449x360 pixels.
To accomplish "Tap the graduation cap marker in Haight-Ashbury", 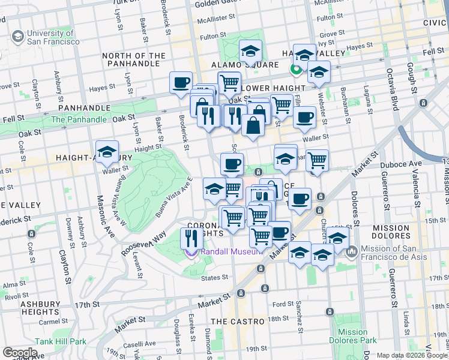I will point(107,152).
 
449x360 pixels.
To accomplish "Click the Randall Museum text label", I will point(232,251).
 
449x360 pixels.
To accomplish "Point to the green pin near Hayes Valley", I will point(295,69).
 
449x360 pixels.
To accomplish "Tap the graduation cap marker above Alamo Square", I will point(251,51).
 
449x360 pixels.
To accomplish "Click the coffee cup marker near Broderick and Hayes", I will point(181,83).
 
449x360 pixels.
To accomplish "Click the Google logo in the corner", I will point(20,352).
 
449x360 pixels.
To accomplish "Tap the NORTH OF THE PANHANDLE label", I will point(134,60).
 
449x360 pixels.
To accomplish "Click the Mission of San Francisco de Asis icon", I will point(351,252).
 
